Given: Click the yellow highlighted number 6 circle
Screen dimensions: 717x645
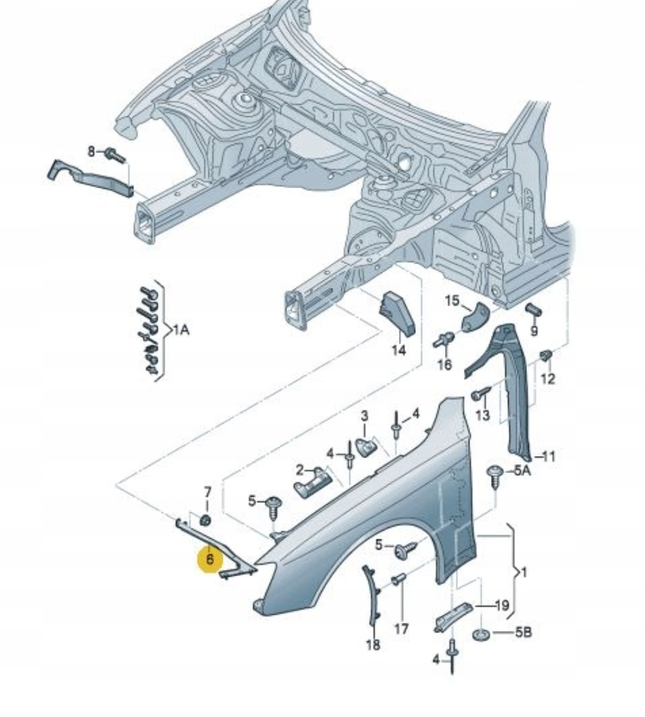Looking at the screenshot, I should pyautogui.click(x=210, y=559).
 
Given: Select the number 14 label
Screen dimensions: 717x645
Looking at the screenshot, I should pyautogui.click(x=398, y=350).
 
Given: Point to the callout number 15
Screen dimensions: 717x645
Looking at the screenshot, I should pyautogui.click(x=453, y=301).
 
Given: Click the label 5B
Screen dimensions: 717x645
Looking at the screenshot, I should pyautogui.click(x=523, y=631).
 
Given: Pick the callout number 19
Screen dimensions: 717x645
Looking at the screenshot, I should pyautogui.click(x=501, y=606).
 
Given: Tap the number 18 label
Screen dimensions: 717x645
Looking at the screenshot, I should pyautogui.click(x=373, y=644).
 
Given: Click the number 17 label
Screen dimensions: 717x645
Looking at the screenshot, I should pyautogui.click(x=401, y=629).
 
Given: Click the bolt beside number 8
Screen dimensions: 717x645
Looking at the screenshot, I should pyautogui.click(x=115, y=154).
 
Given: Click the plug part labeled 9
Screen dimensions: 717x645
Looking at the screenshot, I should pyautogui.click(x=533, y=310).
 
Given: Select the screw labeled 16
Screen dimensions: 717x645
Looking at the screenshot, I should pyautogui.click(x=444, y=341).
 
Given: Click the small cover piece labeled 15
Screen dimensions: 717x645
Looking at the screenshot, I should pyautogui.click(x=476, y=318).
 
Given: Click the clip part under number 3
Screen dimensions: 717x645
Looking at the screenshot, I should pyautogui.click(x=365, y=446).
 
